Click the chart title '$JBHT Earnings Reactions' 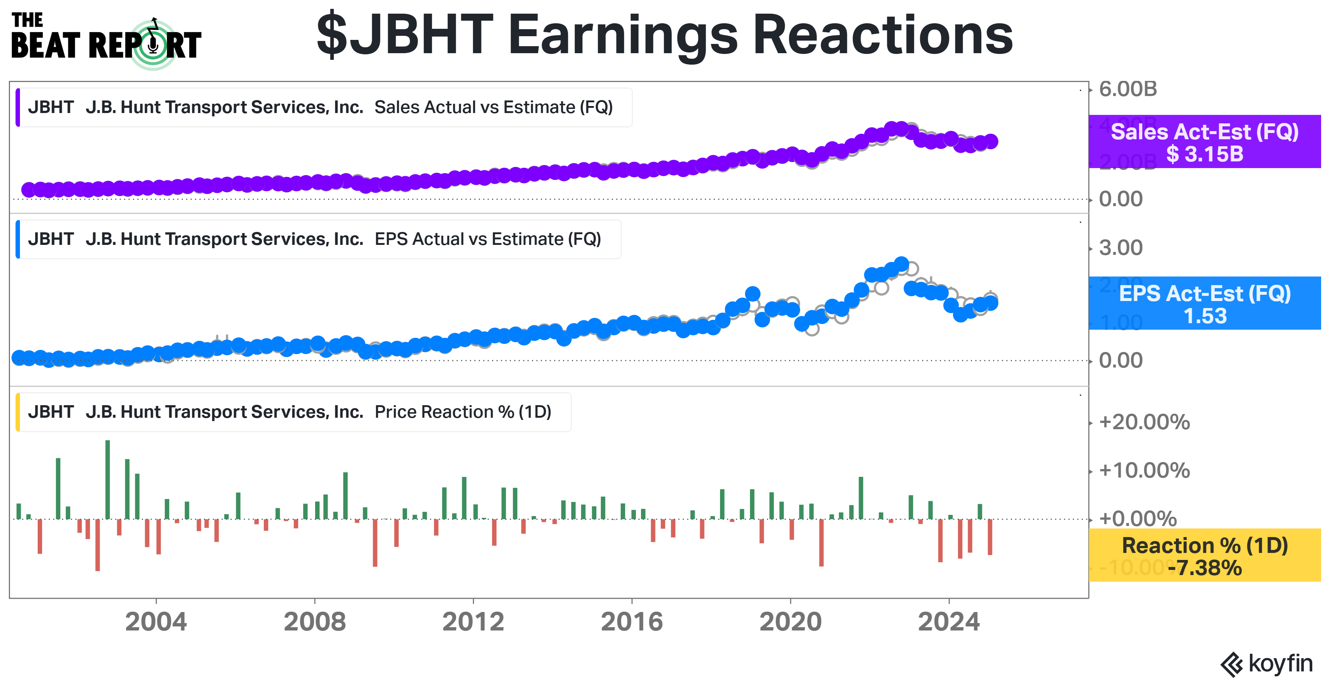click(x=665, y=35)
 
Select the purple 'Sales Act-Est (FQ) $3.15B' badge click(x=1204, y=142)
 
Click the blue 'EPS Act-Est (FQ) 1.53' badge click(x=1204, y=304)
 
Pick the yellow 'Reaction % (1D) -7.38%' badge click(x=1204, y=556)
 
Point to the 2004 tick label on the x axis click(x=156, y=622)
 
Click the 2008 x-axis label click(x=314, y=622)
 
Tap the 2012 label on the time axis click(x=473, y=622)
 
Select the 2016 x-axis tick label click(x=631, y=622)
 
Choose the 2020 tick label click(x=790, y=622)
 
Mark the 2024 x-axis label click(x=948, y=622)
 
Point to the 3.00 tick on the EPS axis click(x=1121, y=248)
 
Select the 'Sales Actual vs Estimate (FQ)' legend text click(x=493, y=107)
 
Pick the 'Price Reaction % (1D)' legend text click(x=463, y=412)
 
